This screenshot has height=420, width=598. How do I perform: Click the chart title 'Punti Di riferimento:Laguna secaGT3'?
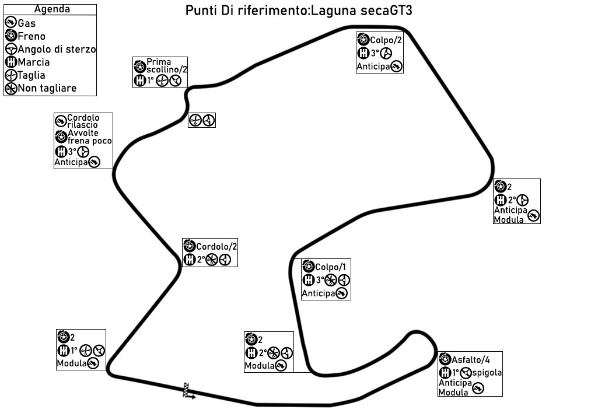click(x=299, y=12)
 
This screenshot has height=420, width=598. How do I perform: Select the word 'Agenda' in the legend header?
click(x=52, y=9)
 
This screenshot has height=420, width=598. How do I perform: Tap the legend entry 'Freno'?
click(x=32, y=36)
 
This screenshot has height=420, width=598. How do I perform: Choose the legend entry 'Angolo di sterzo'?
click(x=57, y=50)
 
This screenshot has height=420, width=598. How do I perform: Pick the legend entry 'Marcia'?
click(x=34, y=62)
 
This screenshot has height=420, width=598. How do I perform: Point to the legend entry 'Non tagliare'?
click(x=47, y=89)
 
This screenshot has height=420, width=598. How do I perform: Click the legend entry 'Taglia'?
click(x=32, y=75)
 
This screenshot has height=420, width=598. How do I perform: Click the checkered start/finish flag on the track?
click(x=188, y=390)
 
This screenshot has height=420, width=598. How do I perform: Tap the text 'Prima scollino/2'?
click(x=166, y=65)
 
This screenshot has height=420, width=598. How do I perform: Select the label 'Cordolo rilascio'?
click(x=83, y=121)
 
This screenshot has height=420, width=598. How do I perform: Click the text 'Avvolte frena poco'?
click(x=89, y=136)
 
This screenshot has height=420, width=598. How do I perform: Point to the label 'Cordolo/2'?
click(x=216, y=246)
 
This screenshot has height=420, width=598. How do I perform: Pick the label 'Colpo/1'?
click(x=331, y=267)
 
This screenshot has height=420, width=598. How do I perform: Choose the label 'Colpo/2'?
click(x=385, y=40)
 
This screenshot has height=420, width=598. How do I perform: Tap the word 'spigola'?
click(x=487, y=373)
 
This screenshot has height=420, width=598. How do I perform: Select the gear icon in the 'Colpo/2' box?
click(x=362, y=54)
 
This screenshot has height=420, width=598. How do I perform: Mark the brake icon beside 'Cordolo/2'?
click(x=188, y=246)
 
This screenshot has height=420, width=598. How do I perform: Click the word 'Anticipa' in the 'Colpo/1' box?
click(x=319, y=293)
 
